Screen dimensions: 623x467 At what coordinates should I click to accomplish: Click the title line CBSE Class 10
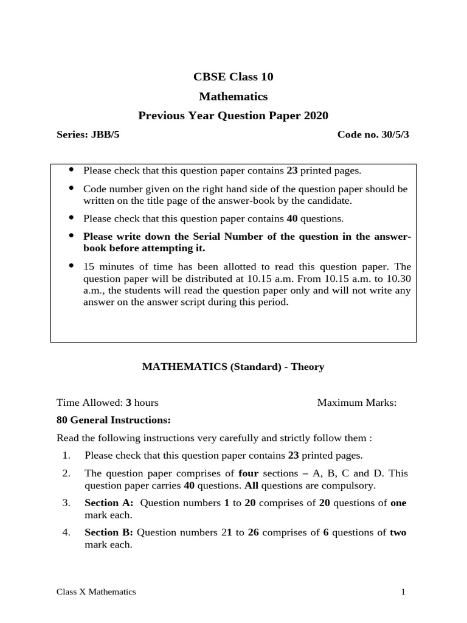tap(233, 77)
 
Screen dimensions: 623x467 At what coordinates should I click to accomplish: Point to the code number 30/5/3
tap(392, 134)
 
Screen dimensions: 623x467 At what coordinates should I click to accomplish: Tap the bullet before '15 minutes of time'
tap(72, 266)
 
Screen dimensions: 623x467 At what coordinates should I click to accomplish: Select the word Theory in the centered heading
tap(307, 366)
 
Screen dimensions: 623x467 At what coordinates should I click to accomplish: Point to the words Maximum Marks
tap(357, 402)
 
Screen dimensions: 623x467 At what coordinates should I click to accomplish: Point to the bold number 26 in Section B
tap(254, 532)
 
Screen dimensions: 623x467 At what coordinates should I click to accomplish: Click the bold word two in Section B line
tap(398, 532)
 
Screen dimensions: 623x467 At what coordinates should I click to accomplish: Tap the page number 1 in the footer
tap(403, 591)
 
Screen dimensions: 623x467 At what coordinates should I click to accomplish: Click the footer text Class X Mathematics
tap(96, 591)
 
